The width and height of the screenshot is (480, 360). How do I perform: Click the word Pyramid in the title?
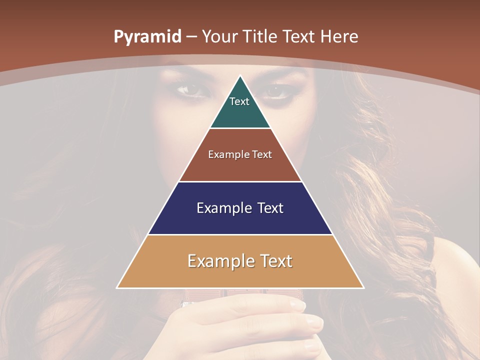coord(147,37)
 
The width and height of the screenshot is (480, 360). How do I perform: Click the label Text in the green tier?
coord(239,101)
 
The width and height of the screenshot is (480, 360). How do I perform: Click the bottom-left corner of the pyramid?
coord(117,288)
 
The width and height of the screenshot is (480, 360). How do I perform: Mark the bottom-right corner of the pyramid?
coord(363,288)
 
